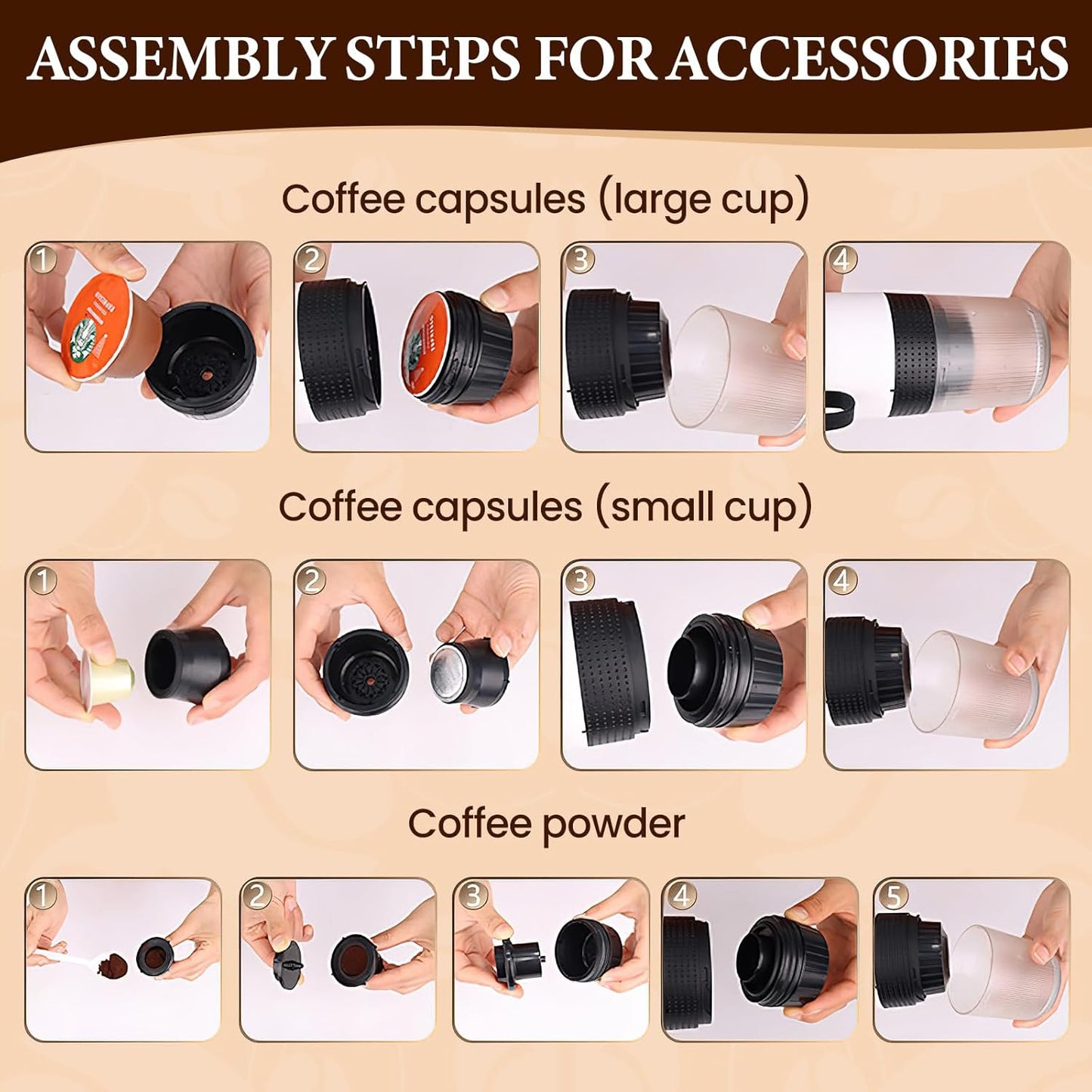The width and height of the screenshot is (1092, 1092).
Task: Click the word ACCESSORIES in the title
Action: (x=868, y=58)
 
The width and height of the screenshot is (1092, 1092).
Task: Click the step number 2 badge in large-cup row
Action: (x=311, y=260)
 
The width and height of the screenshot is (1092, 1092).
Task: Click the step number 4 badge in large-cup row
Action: (x=841, y=260)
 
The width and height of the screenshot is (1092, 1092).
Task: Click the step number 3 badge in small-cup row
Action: (x=580, y=580)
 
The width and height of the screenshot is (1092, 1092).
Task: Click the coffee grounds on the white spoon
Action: (x=114, y=965)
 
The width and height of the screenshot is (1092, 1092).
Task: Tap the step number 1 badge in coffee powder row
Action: (x=42, y=896)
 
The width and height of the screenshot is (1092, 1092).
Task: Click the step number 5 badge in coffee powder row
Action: (x=892, y=896)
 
